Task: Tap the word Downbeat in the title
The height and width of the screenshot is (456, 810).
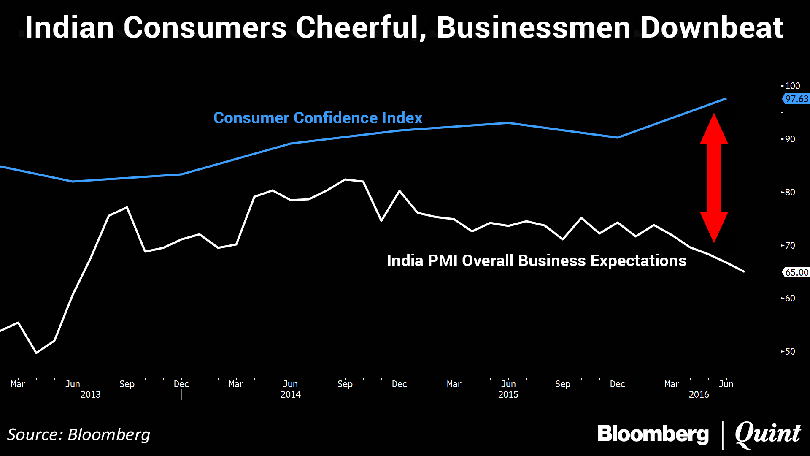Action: (x=711, y=28)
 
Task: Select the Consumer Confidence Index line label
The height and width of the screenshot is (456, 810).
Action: (x=318, y=118)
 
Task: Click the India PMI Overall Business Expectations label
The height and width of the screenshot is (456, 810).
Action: (x=537, y=261)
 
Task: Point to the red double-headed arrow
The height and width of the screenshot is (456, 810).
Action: (x=714, y=178)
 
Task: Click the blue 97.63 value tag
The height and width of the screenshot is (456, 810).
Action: (x=796, y=99)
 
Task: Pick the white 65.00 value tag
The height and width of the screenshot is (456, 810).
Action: (x=796, y=272)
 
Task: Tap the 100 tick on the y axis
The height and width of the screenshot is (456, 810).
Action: (x=792, y=86)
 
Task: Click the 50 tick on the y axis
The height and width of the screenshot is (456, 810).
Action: (x=790, y=351)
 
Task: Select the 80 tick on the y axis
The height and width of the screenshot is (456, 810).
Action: (x=790, y=192)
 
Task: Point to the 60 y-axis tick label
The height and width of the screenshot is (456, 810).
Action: (x=790, y=298)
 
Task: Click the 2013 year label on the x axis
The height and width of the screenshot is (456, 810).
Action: (x=90, y=394)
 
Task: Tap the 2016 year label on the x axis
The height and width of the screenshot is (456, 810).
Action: (x=699, y=394)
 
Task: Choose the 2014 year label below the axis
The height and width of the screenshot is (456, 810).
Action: (x=290, y=394)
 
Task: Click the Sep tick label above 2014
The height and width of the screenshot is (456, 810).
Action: (x=345, y=384)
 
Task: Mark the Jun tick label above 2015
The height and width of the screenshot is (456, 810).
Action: (x=508, y=384)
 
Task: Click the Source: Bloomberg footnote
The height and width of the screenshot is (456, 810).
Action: (x=78, y=434)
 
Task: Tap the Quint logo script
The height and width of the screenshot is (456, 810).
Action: (x=767, y=434)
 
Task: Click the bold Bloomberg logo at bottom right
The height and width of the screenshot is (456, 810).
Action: (x=653, y=434)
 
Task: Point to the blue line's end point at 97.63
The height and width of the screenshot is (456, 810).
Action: (x=726, y=99)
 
